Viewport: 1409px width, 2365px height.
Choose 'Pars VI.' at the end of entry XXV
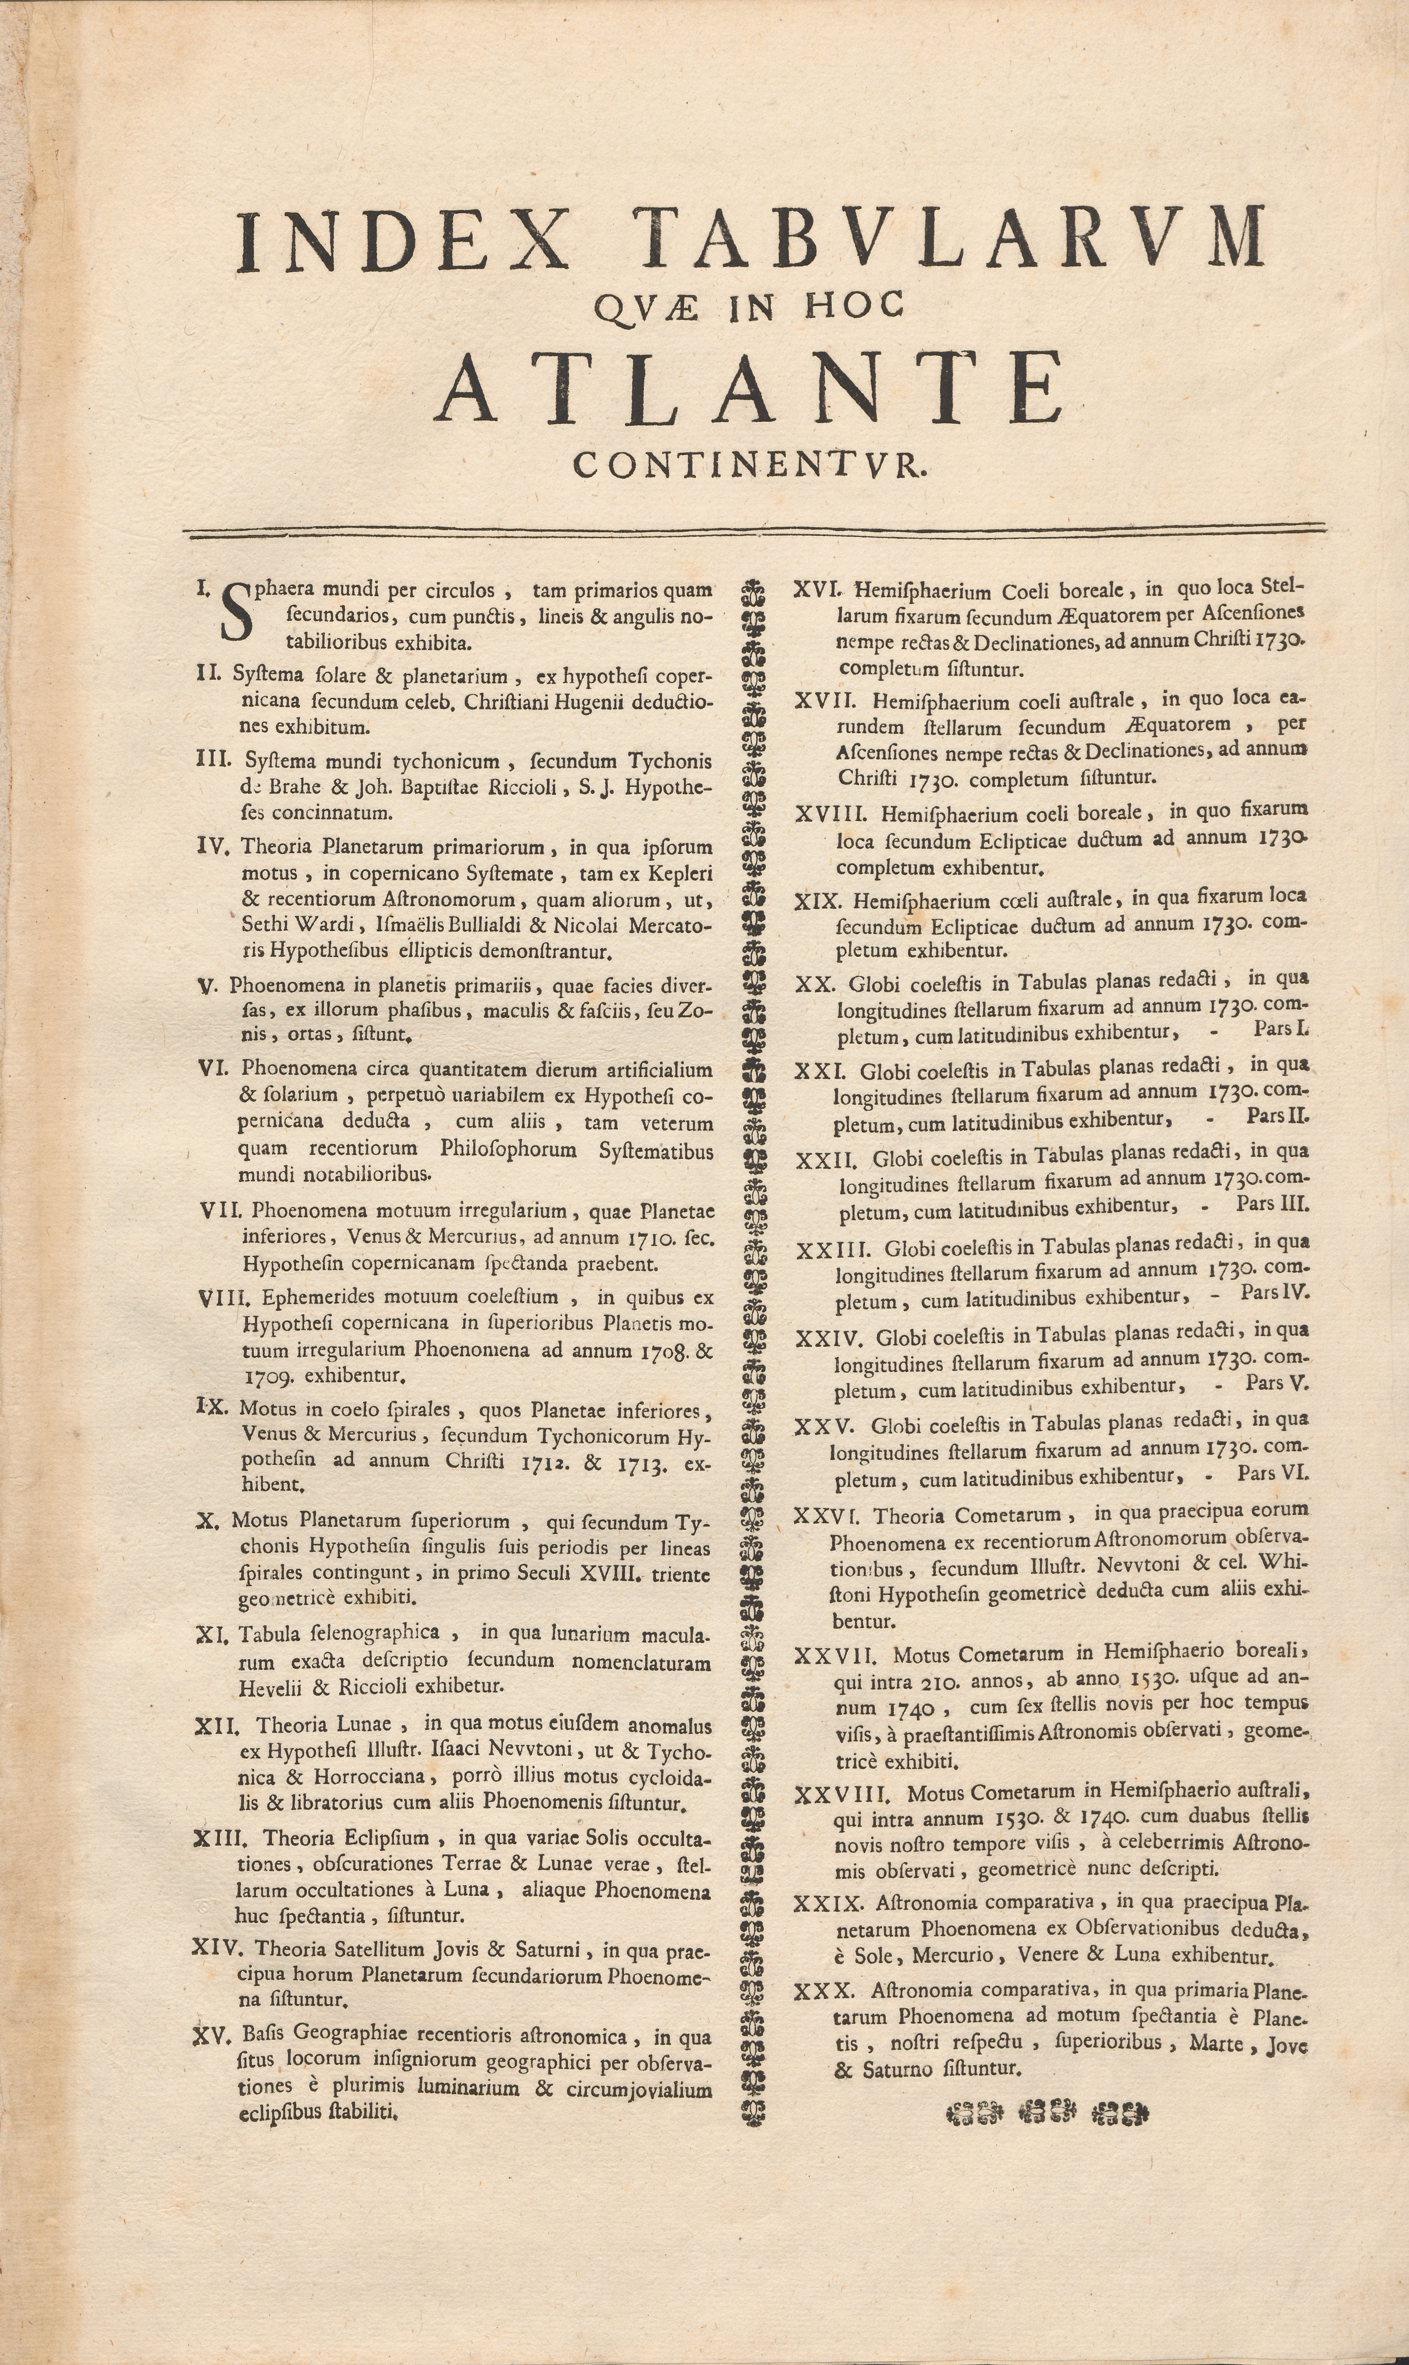1273,1474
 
